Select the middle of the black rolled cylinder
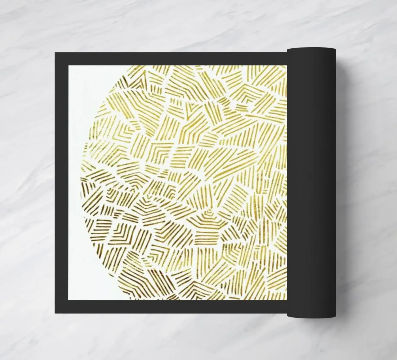tap(311, 182)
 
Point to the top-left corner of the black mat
tap(55, 53)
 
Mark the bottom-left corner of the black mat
tap(55, 313)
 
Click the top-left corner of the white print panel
tap(69, 65)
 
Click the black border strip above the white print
tap(171, 59)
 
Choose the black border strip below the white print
tap(171, 306)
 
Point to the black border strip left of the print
tap(62, 182)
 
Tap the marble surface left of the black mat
tap(28, 182)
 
